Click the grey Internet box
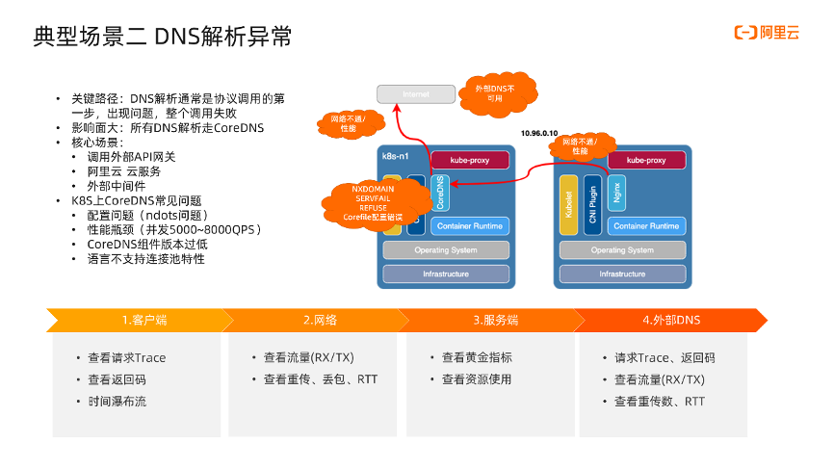click(x=416, y=94)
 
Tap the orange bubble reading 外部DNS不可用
click(x=494, y=92)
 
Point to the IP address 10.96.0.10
click(x=538, y=132)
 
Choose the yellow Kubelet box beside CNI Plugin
click(x=567, y=204)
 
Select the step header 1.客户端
click(x=139, y=320)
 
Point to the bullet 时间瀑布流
click(x=117, y=402)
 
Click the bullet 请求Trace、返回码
click(x=664, y=357)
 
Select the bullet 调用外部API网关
click(x=132, y=157)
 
